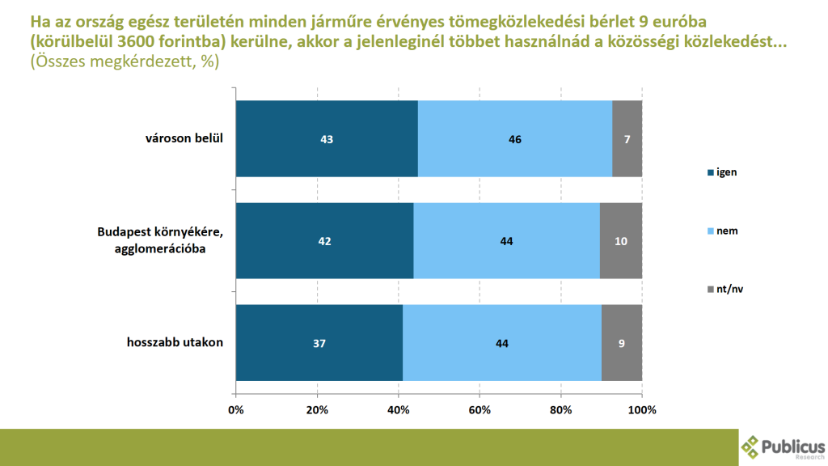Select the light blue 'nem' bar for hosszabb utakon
click(x=501, y=343)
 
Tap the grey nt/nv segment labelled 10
click(x=621, y=241)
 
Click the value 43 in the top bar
click(x=327, y=139)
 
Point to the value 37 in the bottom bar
click(x=319, y=343)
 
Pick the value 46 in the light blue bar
click(x=515, y=139)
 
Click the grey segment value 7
click(x=627, y=139)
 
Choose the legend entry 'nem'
click(x=725, y=231)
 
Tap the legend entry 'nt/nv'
click(x=729, y=288)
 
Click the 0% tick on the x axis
click(x=236, y=409)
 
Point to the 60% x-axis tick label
click(x=479, y=409)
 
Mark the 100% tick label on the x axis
click(x=642, y=409)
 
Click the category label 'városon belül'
click(x=179, y=138)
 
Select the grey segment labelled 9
click(x=622, y=343)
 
